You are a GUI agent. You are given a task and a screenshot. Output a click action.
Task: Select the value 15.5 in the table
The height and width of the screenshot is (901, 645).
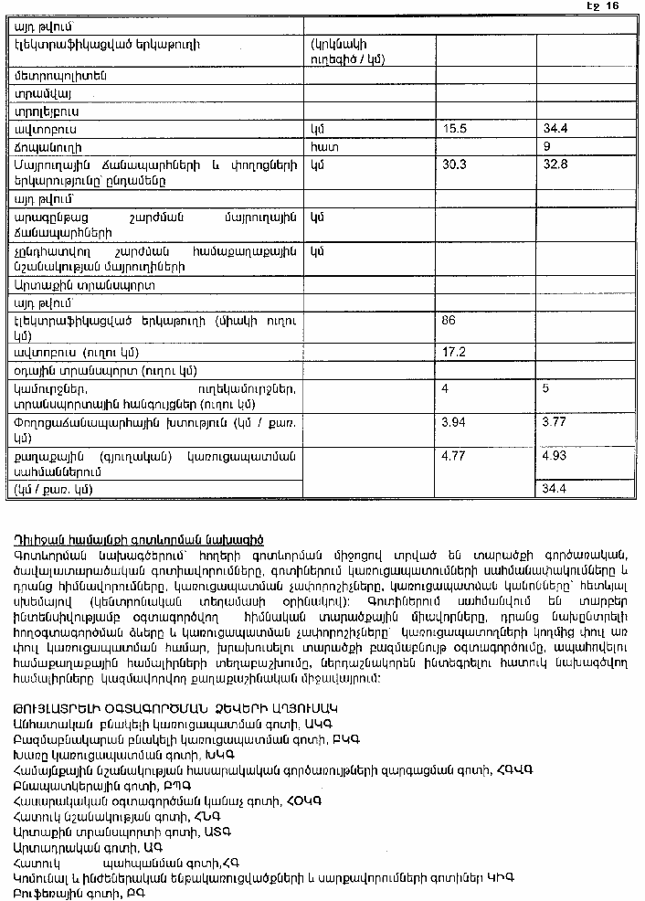454,129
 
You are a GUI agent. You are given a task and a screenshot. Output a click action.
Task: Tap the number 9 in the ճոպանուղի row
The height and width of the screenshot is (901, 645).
546,146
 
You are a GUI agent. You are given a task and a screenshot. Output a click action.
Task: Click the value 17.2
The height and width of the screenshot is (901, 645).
454,352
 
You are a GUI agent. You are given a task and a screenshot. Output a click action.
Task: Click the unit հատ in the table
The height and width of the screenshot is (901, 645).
320,146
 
